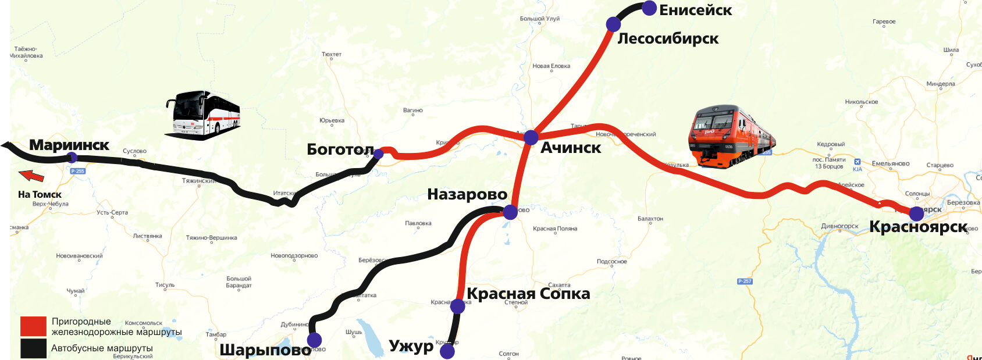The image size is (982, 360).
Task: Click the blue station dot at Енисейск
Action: (649, 8)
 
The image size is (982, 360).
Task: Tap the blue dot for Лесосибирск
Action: (613, 24)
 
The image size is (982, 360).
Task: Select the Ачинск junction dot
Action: (531, 138)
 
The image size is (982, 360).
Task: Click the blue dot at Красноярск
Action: (916, 213)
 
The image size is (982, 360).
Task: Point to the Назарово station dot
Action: (510, 212)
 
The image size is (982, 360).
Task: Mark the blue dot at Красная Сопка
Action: (458, 306)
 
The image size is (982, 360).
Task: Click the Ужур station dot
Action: (447, 351)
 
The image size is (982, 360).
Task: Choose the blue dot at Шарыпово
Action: (314, 340)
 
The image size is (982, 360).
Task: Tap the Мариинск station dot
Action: (72, 157)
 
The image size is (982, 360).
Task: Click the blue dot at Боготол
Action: (379, 154)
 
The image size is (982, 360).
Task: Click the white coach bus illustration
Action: (203, 113)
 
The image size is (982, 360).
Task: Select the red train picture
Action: (731, 136)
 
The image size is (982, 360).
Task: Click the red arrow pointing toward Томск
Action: (31, 175)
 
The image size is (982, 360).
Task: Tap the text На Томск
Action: (40, 194)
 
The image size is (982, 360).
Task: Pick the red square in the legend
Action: (33, 326)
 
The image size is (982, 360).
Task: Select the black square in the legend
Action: (33, 348)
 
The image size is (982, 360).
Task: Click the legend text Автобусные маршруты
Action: (102, 348)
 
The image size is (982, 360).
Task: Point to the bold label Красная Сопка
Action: (528, 294)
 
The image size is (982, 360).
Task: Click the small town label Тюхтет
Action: (332, 54)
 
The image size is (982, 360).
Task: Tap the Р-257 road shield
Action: (745, 281)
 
